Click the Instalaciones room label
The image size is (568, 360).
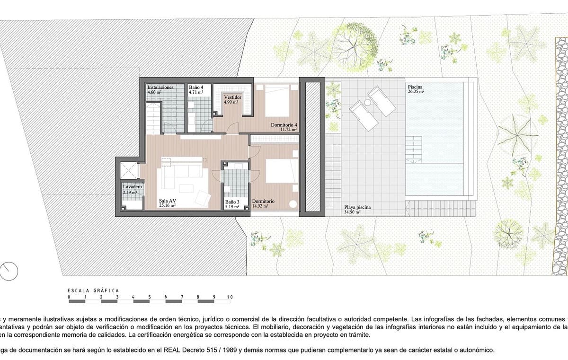pos(160,88)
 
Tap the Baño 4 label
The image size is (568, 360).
pos(196,88)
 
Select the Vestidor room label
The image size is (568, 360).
pos(232,97)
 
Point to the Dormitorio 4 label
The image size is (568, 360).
pos(284,125)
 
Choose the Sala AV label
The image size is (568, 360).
pos(167,201)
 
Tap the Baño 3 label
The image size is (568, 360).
pos(232,202)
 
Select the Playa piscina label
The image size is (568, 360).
pos(357,208)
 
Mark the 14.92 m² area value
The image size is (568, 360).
pos(260,206)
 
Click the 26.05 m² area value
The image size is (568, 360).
pos(416,92)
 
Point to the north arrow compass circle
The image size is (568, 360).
pos(9,270)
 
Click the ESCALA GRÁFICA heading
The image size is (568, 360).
pos(93,290)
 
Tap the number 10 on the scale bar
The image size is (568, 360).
pos(230,297)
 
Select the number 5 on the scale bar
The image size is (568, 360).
pos(150,297)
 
